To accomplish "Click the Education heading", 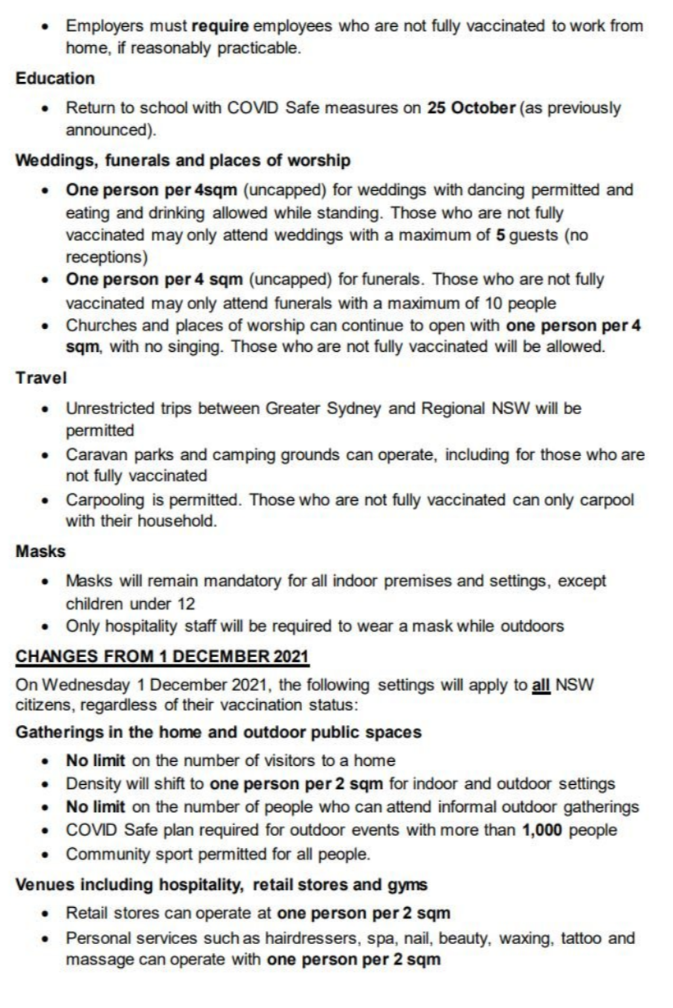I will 55,79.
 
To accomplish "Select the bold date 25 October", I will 471,108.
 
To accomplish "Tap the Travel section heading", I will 41,378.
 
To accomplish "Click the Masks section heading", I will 40,551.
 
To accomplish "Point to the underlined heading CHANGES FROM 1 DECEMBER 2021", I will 163,656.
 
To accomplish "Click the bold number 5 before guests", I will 498,235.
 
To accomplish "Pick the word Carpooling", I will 105,499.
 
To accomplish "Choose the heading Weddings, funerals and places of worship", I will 182,160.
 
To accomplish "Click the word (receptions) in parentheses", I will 108,258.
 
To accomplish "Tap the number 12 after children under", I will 186,604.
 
